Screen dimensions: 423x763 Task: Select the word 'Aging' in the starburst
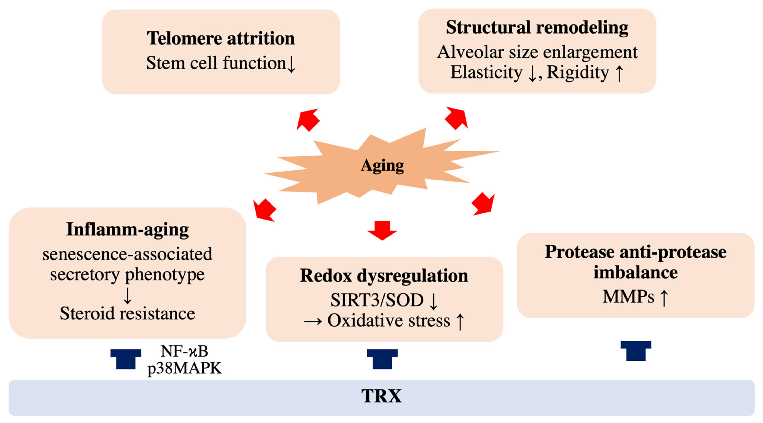pos(382,165)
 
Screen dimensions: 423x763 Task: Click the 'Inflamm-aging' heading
pos(127,229)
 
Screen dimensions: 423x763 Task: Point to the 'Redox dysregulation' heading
pos(384,276)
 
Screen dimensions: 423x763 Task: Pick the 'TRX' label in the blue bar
pos(382,396)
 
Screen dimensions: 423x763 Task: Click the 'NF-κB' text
pos(184,351)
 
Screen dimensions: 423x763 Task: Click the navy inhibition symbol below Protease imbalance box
pos(636,351)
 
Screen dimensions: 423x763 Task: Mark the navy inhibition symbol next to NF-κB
pos(126,359)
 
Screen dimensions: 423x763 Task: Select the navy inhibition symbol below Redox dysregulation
pos(382,359)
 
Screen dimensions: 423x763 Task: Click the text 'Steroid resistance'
pos(127,313)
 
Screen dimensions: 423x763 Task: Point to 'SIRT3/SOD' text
pos(377,300)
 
